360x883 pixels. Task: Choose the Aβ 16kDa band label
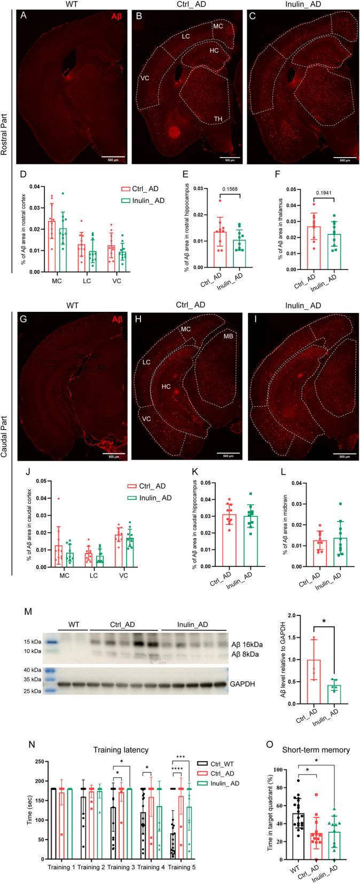point(249,644)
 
